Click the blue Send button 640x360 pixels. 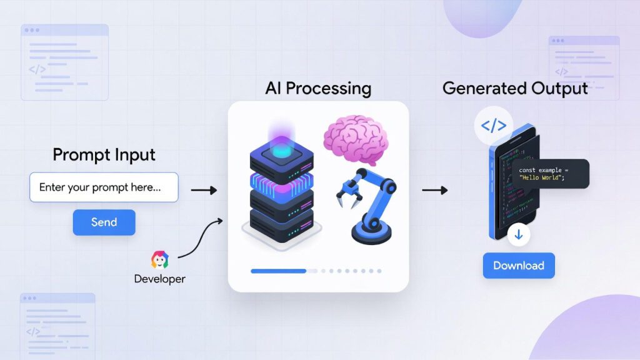104,222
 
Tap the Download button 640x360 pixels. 518,265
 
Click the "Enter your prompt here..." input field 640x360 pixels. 104,187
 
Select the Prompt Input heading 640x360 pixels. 104,154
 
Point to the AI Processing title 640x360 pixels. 318,87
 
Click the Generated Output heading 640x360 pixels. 515,88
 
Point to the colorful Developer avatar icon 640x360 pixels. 160,259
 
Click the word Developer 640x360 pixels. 160,278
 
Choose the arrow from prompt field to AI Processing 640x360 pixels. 203,189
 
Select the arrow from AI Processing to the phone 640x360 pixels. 434,189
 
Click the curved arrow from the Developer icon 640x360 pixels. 200,237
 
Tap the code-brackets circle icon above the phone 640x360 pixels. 493,125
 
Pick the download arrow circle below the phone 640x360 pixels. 519,236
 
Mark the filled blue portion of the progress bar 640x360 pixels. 278,271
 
